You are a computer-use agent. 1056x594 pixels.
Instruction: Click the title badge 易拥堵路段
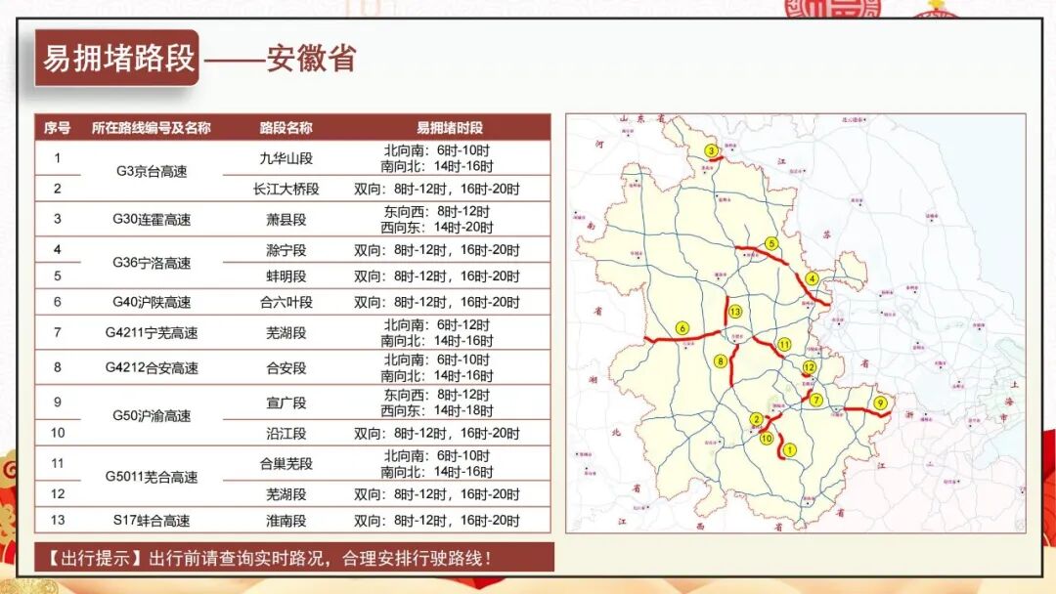(x=117, y=59)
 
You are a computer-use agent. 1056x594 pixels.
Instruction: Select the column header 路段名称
(x=286, y=128)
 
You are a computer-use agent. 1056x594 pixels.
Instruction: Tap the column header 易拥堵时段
(x=449, y=128)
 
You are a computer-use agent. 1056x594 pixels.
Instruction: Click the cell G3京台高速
(x=151, y=171)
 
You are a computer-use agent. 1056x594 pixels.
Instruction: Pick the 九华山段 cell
(x=286, y=158)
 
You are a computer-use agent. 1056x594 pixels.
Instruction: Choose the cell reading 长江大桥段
(x=286, y=189)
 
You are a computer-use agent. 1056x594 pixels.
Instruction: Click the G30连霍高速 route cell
(x=151, y=219)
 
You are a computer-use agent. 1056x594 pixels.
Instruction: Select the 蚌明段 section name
(x=286, y=276)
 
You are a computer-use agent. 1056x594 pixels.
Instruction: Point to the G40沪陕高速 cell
(x=151, y=303)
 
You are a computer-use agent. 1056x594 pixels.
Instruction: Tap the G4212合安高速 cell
(x=151, y=368)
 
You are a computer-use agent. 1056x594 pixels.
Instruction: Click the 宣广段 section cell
(x=286, y=402)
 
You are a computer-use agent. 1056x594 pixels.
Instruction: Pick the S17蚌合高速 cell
(x=151, y=521)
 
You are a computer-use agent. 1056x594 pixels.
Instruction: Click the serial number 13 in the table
(x=58, y=521)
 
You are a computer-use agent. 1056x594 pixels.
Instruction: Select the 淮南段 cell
(x=286, y=521)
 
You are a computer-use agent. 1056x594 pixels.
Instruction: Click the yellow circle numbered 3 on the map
(x=711, y=150)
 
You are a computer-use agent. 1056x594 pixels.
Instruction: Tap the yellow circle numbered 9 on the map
(x=880, y=403)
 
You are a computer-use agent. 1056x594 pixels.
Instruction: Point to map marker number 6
(x=682, y=328)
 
